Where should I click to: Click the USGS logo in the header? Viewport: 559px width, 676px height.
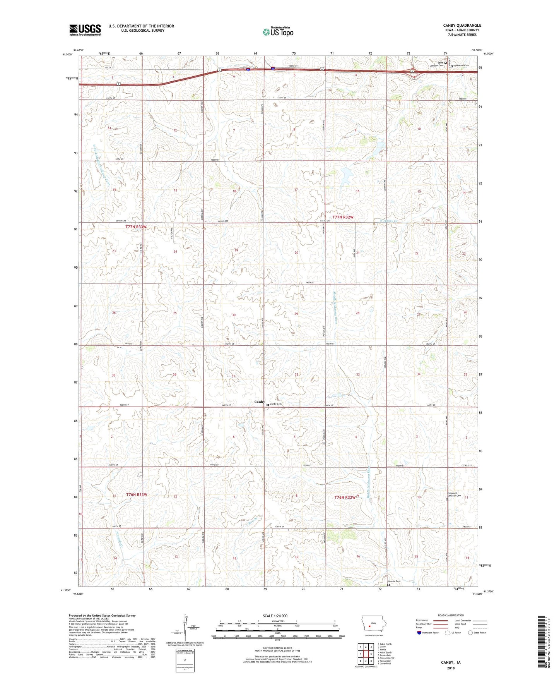click(x=85, y=30)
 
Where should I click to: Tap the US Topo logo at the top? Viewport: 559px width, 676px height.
click(x=278, y=32)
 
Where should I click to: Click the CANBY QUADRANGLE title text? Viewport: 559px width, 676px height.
click(x=462, y=26)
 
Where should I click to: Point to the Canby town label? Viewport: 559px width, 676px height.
click(x=259, y=402)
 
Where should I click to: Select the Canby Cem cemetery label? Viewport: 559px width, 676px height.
click(x=276, y=404)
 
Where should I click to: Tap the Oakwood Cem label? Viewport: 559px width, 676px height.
click(x=461, y=65)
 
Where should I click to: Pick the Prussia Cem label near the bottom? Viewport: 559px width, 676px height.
click(x=395, y=581)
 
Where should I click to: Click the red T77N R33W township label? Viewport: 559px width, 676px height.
click(x=136, y=226)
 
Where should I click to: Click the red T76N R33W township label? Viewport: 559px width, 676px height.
click(x=137, y=495)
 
